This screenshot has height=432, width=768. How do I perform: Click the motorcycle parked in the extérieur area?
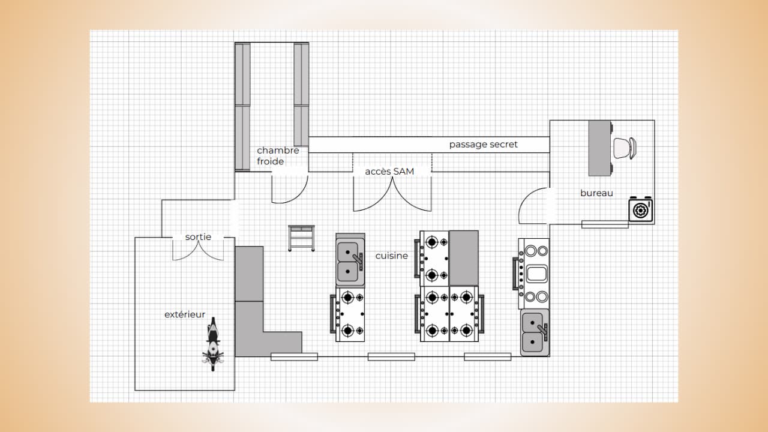[x=213, y=344]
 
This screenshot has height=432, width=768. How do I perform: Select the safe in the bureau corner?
[x=640, y=209]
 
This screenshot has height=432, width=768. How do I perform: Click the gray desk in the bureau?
[x=599, y=148]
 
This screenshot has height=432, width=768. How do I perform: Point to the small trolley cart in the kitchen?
[x=301, y=238]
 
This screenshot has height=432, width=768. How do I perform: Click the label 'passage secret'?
[x=483, y=145]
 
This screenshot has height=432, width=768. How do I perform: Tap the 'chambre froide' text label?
[x=278, y=155]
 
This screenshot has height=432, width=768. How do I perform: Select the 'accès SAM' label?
[x=389, y=172]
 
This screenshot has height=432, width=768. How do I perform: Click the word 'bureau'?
[x=596, y=193]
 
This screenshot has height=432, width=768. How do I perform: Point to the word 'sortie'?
[x=198, y=237]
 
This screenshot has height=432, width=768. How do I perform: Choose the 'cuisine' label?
[x=392, y=256]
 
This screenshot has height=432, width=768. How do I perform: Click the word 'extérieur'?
[x=185, y=314]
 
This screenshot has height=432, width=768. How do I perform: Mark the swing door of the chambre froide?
[x=290, y=189]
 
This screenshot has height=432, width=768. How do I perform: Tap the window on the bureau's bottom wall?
[x=605, y=224]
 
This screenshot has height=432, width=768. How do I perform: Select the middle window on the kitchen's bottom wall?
[x=391, y=357]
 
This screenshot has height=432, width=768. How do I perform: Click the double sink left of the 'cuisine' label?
[x=350, y=260]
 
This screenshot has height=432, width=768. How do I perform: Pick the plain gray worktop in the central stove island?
[x=464, y=258]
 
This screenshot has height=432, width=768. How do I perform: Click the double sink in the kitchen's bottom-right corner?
[x=535, y=332]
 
